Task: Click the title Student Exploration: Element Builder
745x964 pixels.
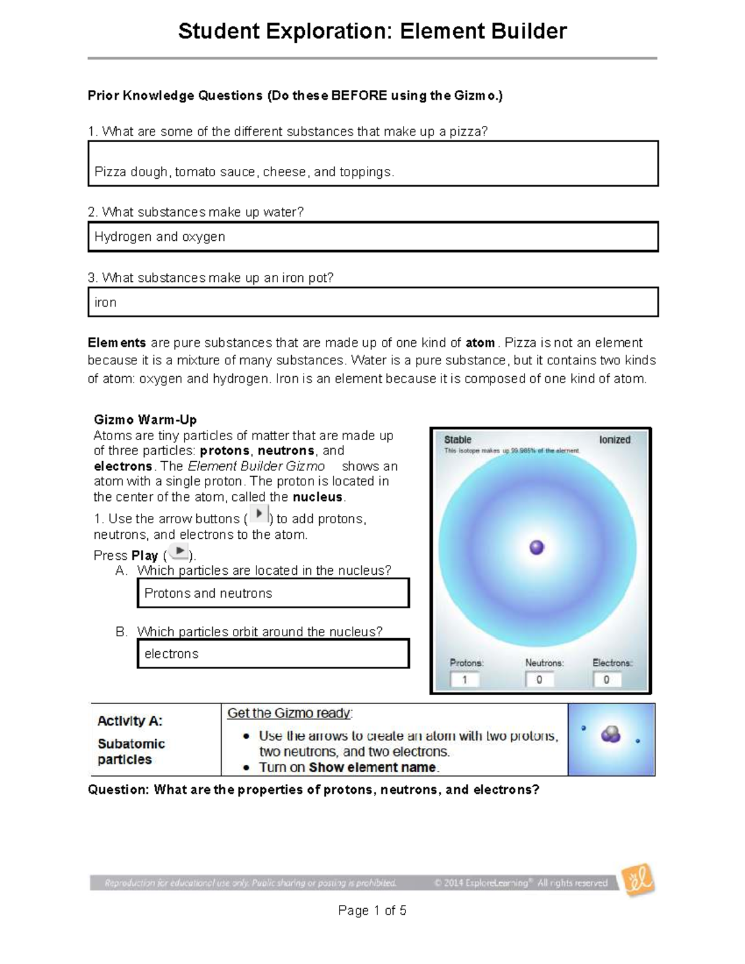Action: (x=372, y=31)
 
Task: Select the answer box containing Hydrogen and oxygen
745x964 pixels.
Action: (x=372, y=237)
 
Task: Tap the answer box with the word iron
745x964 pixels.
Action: (x=372, y=302)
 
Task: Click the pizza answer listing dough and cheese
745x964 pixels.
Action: (x=372, y=164)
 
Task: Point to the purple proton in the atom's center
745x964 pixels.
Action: (x=536, y=547)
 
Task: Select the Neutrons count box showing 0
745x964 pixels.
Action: (x=540, y=680)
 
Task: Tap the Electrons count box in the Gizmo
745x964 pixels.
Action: (x=608, y=680)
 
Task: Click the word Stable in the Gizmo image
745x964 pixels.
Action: (x=458, y=439)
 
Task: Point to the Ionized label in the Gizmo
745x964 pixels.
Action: (x=615, y=439)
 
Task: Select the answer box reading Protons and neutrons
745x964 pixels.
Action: (x=273, y=593)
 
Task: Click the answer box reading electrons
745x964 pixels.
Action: (x=273, y=654)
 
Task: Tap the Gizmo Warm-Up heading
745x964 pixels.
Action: (x=145, y=420)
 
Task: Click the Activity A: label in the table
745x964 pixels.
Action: (x=130, y=721)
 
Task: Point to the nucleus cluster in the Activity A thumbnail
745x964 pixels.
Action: (x=610, y=735)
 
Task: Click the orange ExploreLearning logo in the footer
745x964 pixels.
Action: (x=638, y=881)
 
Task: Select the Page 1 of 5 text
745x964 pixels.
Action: (x=372, y=911)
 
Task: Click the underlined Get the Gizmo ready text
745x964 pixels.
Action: (x=289, y=713)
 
